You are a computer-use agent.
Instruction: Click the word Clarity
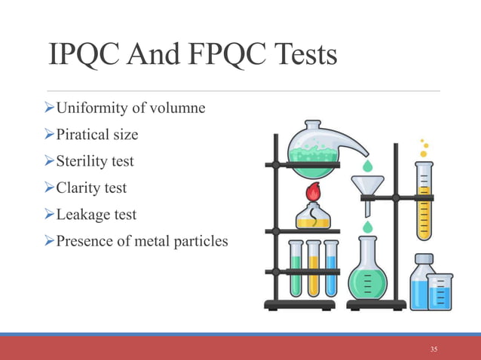(72, 188)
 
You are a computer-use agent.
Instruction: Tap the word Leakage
(76, 214)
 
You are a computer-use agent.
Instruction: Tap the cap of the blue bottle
(423, 259)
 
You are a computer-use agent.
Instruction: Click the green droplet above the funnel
(366, 164)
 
